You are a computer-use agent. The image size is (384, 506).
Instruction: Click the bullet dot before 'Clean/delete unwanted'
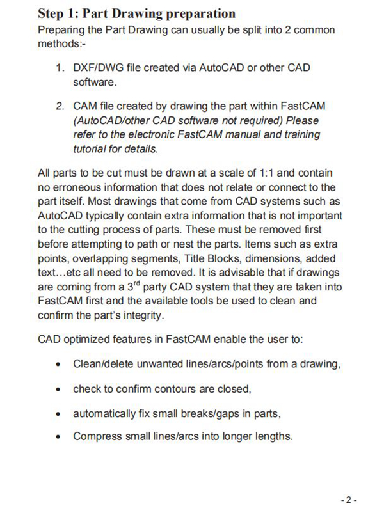point(59,365)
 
